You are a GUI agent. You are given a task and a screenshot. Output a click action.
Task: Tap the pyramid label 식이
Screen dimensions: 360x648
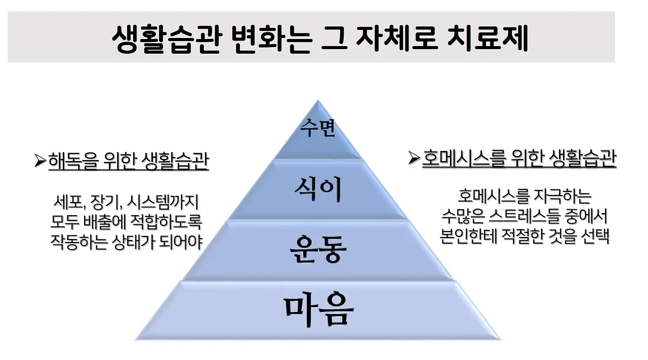(x=318, y=189)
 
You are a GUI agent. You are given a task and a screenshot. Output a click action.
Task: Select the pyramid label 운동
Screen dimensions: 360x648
(x=318, y=248)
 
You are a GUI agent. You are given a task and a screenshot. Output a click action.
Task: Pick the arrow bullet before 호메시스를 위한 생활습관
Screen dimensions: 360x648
(x=414, y=158)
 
